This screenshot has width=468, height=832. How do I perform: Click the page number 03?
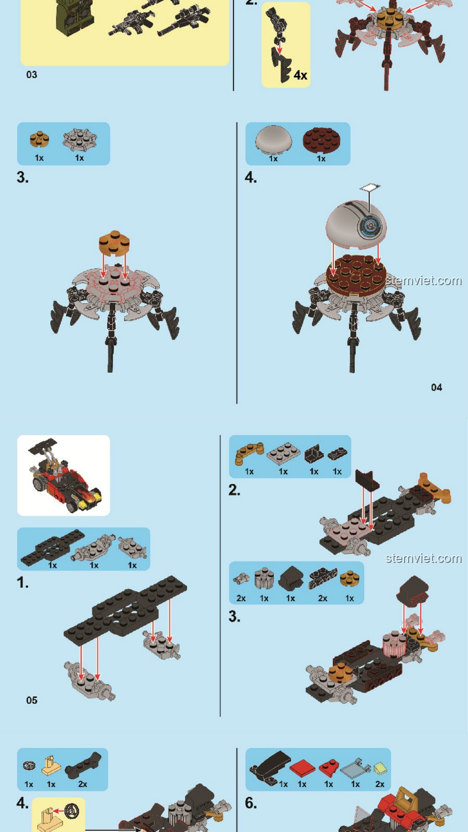32,75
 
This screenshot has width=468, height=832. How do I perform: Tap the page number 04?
436,387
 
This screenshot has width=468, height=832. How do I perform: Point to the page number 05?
32,700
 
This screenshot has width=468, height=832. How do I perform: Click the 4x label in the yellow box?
300,75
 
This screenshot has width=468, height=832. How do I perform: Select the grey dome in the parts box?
273,140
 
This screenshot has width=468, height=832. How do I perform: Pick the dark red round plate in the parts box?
321,141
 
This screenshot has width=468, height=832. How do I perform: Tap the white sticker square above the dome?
370,187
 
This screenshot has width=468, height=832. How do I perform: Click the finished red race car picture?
64,475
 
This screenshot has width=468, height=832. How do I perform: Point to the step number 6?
251,803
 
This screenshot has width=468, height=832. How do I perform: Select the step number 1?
23,583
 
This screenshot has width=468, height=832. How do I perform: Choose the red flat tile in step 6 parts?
302,768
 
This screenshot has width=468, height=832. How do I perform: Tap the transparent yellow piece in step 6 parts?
380,769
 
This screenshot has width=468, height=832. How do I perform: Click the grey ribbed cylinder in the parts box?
264,578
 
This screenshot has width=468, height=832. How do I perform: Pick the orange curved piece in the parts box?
249,453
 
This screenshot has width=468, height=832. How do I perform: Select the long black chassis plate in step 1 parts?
52,547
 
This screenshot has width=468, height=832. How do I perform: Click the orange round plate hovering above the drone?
114,243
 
